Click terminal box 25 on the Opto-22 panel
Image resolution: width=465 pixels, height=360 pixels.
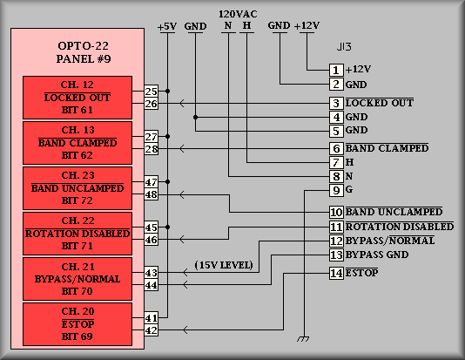[151, 91]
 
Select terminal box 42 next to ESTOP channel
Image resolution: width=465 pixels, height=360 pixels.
[151, 330]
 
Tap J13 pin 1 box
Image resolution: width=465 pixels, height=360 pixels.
[336, 70]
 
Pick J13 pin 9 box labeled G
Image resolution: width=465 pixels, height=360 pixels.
[336, 190]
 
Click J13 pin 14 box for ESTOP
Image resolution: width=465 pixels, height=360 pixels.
[336, 273]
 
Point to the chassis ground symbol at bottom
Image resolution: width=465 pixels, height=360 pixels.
[303, 339]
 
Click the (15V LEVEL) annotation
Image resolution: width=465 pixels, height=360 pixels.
[224, 265]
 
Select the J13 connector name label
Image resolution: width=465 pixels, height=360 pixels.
[344, 46]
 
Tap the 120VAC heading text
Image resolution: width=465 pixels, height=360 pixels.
[238, 14]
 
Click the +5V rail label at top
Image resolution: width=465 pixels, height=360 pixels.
[167, 27]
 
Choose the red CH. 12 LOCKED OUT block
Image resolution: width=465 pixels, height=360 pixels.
[77, 98]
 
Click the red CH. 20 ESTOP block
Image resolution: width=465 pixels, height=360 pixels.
[77, 324]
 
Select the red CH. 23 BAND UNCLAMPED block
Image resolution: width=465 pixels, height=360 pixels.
[77, 188]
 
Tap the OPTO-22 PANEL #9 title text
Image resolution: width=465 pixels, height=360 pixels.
[84, 52]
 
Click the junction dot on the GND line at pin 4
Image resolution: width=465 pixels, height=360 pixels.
[195, 118]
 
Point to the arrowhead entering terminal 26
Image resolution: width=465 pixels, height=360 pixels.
[182, 104]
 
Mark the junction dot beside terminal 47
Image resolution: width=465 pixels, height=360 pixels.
[167, 181]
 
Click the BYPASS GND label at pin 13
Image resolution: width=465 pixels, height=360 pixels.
[377, 255]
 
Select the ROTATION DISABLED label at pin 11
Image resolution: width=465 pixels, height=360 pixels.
[400, 227]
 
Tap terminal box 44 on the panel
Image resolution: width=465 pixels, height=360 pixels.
[151, 285]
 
